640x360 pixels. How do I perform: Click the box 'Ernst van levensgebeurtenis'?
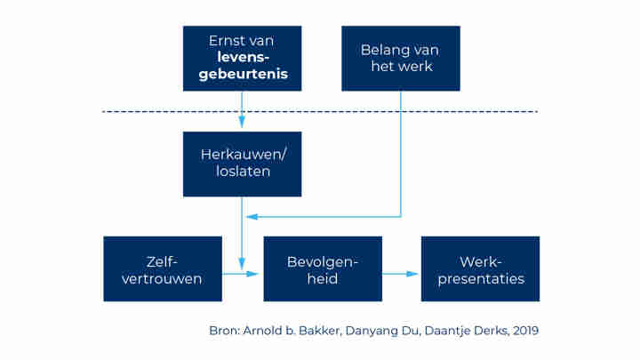point(242,58)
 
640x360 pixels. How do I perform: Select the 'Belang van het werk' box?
point(401,58)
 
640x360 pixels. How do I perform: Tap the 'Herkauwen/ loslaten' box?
point(242,164)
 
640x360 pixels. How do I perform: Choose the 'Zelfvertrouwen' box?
point(163,269)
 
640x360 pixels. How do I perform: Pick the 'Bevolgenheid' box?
point(322,269)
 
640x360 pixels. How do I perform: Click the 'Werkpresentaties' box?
point(480,269)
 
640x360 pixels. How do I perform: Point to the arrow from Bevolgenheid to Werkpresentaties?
point(402,274)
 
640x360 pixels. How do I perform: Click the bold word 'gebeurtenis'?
point(242,76)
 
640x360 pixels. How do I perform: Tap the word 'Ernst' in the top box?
point(226,41)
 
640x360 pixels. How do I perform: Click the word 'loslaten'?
point(242,172)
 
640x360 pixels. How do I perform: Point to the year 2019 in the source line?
point(523,331)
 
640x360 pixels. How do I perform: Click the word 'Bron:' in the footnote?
point(226,331)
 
